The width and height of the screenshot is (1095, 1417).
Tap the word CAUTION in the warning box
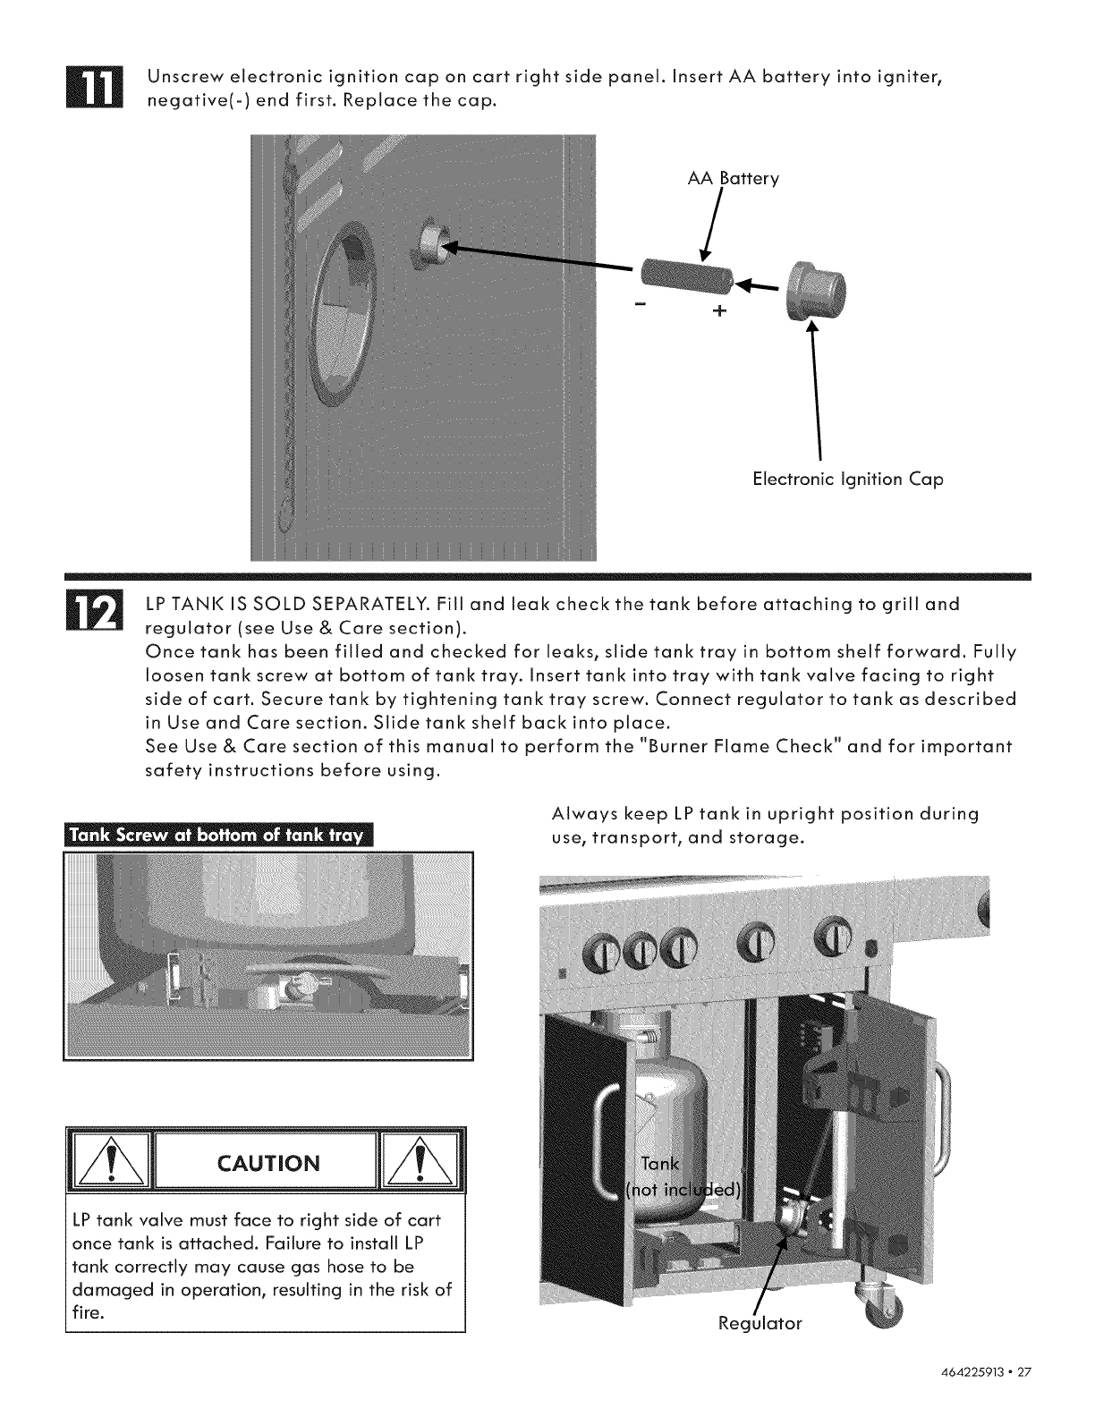(x=268, y=1163)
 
